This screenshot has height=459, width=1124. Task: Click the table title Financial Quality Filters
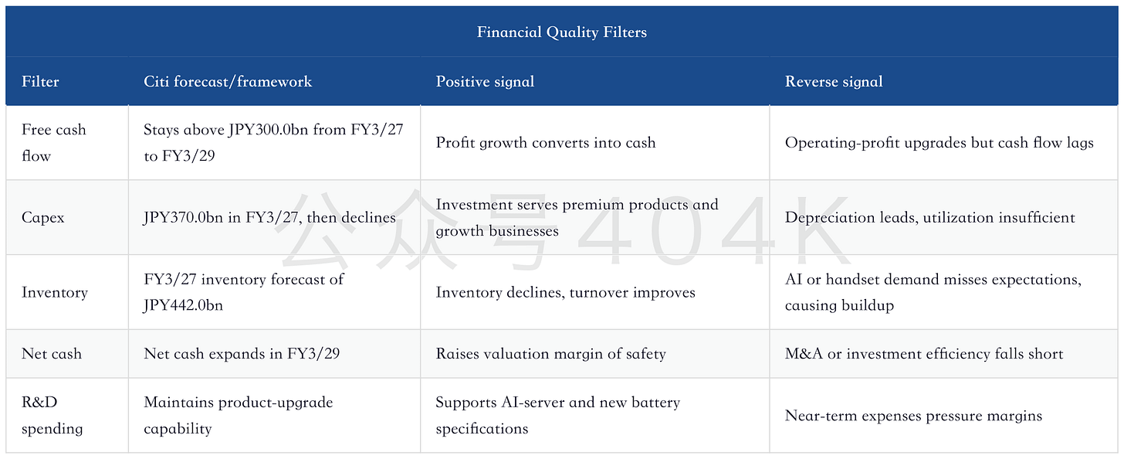[561, 32]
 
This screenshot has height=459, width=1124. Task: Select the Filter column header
[40, 81]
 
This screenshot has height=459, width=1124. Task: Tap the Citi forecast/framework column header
[228, 81]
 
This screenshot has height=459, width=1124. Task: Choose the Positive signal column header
[485, 81]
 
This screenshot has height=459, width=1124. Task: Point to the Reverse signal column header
[834, 81]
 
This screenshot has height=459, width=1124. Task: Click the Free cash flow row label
[54, 143]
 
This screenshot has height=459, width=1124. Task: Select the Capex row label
[42, 218]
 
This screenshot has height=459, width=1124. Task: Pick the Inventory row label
[54, 292]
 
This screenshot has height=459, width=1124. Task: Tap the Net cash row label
[51, 354]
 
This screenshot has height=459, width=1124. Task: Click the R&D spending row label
[52, 415]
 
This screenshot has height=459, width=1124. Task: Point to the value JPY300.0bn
[268, 130]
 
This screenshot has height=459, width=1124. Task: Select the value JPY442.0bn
[183, 305]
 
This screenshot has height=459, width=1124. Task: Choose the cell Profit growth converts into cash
[546, 143]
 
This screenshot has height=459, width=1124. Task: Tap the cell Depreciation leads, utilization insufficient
[929, 217]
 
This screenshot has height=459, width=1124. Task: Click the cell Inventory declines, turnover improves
[566, 292]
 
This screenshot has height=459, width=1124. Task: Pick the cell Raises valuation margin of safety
[550, 354]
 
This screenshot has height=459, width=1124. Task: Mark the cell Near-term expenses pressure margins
[913, 416]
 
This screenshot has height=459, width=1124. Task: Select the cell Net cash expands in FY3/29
[242, 354]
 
